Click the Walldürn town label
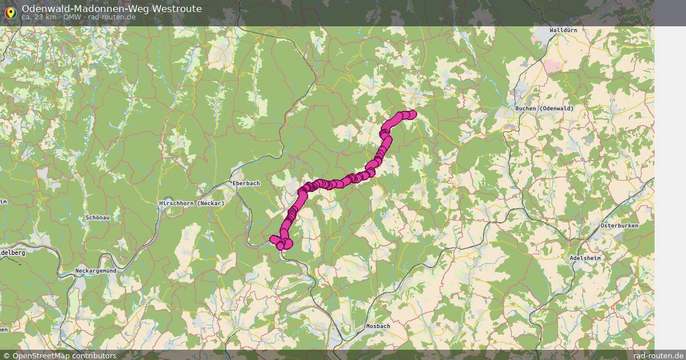click(x=563, y=30)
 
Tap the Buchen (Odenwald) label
click(x=540, y=109)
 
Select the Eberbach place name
click(x=246, y=183)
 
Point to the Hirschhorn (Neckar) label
click(x=191, y=203)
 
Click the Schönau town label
click(x=97, y=218)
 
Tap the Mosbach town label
click(x=377, y=326)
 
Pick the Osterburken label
click(x=619, y=226)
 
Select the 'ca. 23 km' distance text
click(x=39, y=17)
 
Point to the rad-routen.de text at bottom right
click(x=659, y=355)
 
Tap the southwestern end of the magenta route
click(x=274, y=239)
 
